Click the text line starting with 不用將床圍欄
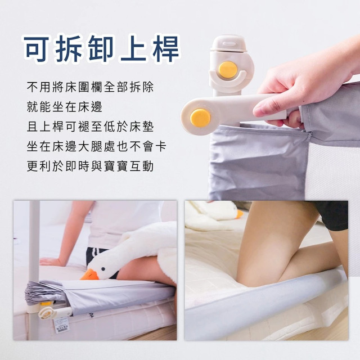(x=90, y=88)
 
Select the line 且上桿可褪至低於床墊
(x=90, y=127)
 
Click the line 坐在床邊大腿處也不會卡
(x=96, y=147)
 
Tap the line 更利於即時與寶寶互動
(x=90, y=166)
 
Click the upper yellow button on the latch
(x=227, y=69)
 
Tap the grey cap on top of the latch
(x=227, y=44)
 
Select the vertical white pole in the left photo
(x=34, y=253)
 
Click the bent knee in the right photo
(x=253, y=270)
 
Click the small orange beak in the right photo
(x=240, y=214)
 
